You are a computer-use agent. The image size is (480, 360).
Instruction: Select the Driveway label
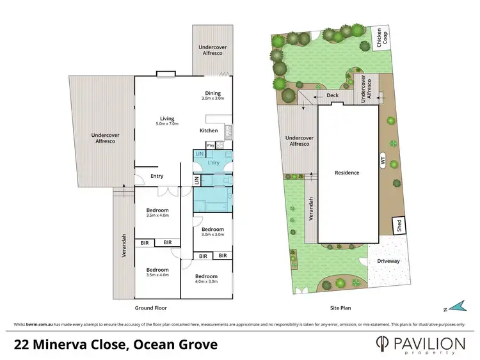coord(388,261)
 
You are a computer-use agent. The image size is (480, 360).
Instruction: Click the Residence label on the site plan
coord(347,173)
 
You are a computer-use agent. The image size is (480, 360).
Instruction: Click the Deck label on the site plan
coord(332,96)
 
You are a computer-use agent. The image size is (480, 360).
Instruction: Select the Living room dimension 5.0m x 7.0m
coord(167,123)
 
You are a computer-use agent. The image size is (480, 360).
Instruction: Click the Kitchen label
coord(209,131)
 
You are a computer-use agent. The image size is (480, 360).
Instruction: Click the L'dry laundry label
coord(214,164)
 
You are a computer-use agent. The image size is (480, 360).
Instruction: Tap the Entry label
coord(157,176)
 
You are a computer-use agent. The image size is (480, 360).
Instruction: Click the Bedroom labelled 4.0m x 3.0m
coord(206,278)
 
